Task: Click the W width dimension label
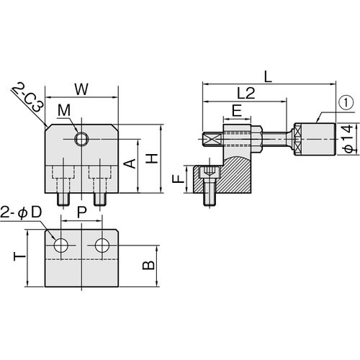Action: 81,89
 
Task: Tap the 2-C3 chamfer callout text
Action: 29,97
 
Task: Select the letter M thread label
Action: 64,111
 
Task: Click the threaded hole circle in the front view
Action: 81,139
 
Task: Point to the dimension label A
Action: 130,163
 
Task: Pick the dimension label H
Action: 152,158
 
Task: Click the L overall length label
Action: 268,77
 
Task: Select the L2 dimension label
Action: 246,93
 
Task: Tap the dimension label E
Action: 237,111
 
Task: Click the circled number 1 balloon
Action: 346,104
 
